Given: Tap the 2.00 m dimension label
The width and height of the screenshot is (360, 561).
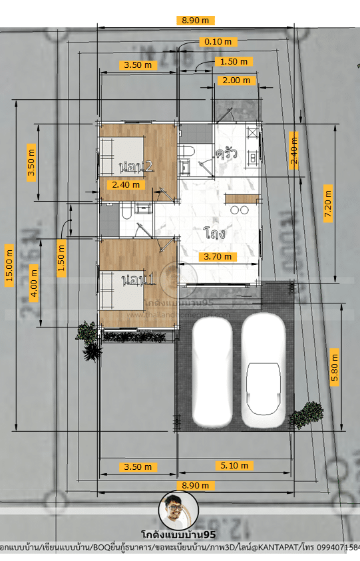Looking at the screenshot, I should point(236,80).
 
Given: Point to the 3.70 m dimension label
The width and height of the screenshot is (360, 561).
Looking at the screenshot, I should point(218,256).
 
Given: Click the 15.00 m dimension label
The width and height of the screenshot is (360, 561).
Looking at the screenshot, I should point(9,266).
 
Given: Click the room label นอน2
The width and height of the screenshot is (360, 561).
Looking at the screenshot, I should point(137,166).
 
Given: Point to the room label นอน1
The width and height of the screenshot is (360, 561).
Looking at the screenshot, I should point(138,281).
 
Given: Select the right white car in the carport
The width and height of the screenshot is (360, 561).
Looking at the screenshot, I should point(264,369).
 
